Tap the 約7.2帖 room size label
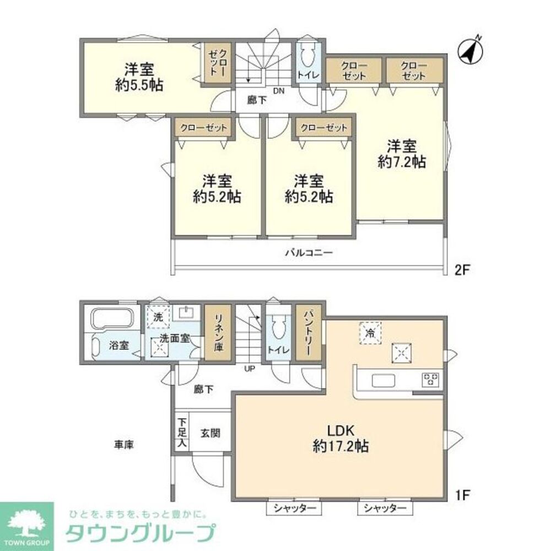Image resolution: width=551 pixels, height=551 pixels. point(401,162)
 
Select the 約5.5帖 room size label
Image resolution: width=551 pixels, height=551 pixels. point(138,85)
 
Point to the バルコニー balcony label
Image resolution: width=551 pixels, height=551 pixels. point(309,253)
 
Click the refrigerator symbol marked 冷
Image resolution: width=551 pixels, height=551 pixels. point(371,333)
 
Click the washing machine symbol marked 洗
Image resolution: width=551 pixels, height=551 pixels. point(159,317)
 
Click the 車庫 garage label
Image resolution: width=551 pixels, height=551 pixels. point(125,444)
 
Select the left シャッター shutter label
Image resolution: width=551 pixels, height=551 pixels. point(293,508)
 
